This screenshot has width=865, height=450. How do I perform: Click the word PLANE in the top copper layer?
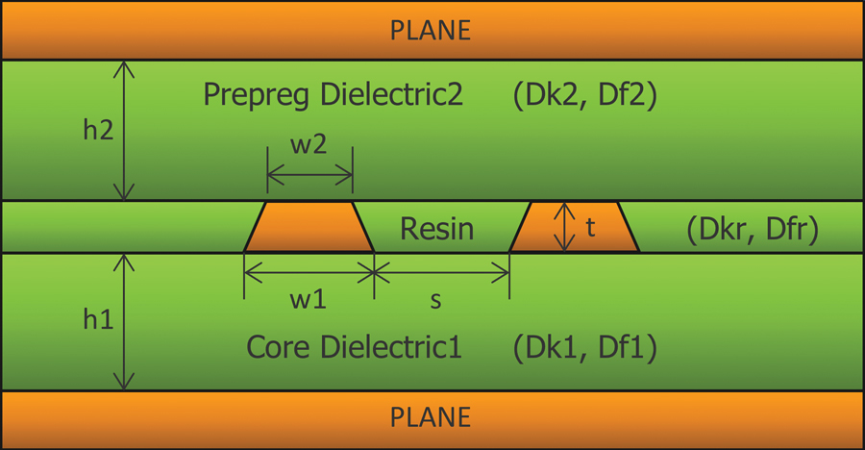click(x=431, y=30)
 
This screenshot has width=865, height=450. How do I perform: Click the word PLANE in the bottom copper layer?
click(x=431, y=417)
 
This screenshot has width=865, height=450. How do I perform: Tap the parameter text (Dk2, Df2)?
click(x=584, y=95)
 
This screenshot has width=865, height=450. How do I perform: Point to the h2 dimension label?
click(x=97, y=130)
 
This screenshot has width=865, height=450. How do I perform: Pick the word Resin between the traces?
click(x=436, y=229)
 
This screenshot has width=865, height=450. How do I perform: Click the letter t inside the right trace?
click(x=591, y=228)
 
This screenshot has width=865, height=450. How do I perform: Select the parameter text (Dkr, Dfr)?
click(x=753, y=230)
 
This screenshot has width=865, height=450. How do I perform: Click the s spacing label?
click(x=435, y=300)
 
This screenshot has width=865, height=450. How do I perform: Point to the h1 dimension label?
click(x=97, y=320)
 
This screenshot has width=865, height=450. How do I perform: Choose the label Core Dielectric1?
click(x=354, y=347)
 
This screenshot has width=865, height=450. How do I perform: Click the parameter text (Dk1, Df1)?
click(x=584, y=347)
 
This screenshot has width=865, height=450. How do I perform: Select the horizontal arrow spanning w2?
click(x=309, y=175)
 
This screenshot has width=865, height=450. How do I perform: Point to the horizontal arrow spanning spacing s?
click(x=441, y=273)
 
